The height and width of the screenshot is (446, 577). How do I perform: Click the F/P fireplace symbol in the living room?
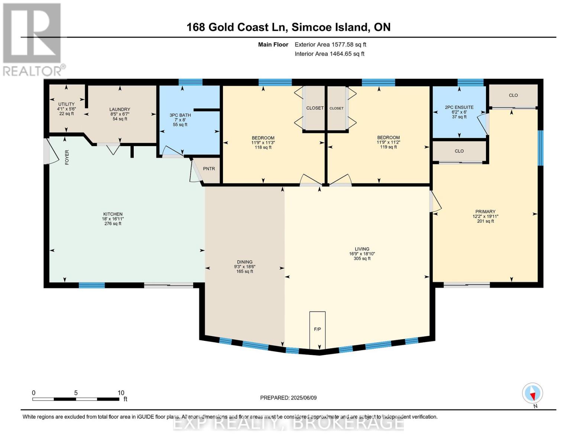[x=317, y=330]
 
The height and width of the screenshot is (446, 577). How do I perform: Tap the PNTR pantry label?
[x=209, y=169]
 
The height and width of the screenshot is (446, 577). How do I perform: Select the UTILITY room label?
[x=66, y=104]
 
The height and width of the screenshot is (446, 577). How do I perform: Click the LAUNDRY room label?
[x=120, y=109]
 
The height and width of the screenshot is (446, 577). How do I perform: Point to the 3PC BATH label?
[x=180, y=115]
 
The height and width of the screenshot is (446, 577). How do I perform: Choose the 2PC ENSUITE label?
[x=459, y=107]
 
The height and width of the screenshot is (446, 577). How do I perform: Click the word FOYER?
[x=67, y=157]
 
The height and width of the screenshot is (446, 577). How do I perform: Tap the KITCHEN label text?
[x=113, y=214]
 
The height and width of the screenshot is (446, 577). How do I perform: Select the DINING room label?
[x=244, y=262]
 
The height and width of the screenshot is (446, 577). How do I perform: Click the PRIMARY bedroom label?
[x=485, y=211]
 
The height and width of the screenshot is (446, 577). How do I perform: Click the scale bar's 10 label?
[x=121, y=393]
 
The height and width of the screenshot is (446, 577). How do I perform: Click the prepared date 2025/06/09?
[x=304, y=398]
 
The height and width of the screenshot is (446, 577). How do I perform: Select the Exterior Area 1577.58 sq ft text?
[x=330, y=45]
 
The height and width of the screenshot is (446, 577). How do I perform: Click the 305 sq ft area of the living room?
[x=362, y=259]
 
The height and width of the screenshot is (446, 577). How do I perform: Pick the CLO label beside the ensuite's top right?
[x=513, y=96]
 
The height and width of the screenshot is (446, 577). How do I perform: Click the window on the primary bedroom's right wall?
[x=541, y=148]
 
